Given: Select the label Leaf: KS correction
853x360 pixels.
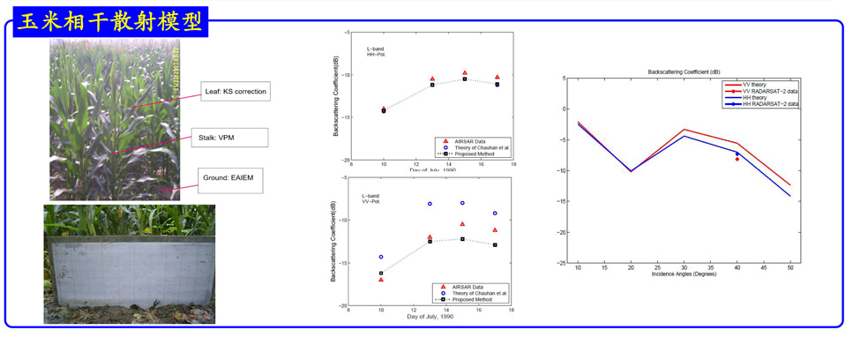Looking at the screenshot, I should [x=233, y=92].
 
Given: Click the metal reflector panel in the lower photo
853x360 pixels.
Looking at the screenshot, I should [x=129, y=272].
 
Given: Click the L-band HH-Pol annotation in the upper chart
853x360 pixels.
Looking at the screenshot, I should [x=376, y=50].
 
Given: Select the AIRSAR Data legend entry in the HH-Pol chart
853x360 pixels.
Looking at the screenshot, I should [x=468, y=140].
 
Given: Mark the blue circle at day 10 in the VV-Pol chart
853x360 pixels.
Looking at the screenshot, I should [x=381, y=257].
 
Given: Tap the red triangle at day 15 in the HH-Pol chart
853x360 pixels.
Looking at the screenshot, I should [x=465, y=73].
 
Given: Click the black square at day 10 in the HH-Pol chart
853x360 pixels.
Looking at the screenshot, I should [x=384, y=111].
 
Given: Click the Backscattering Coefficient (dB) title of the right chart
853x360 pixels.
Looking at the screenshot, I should [x=684, y=71].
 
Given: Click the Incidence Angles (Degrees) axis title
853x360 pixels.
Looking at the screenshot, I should [x=684, y=275].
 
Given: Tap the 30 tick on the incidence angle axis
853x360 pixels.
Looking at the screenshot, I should [x=684, y=267].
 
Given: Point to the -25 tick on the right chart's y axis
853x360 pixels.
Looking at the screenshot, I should [x=562, y=263].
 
